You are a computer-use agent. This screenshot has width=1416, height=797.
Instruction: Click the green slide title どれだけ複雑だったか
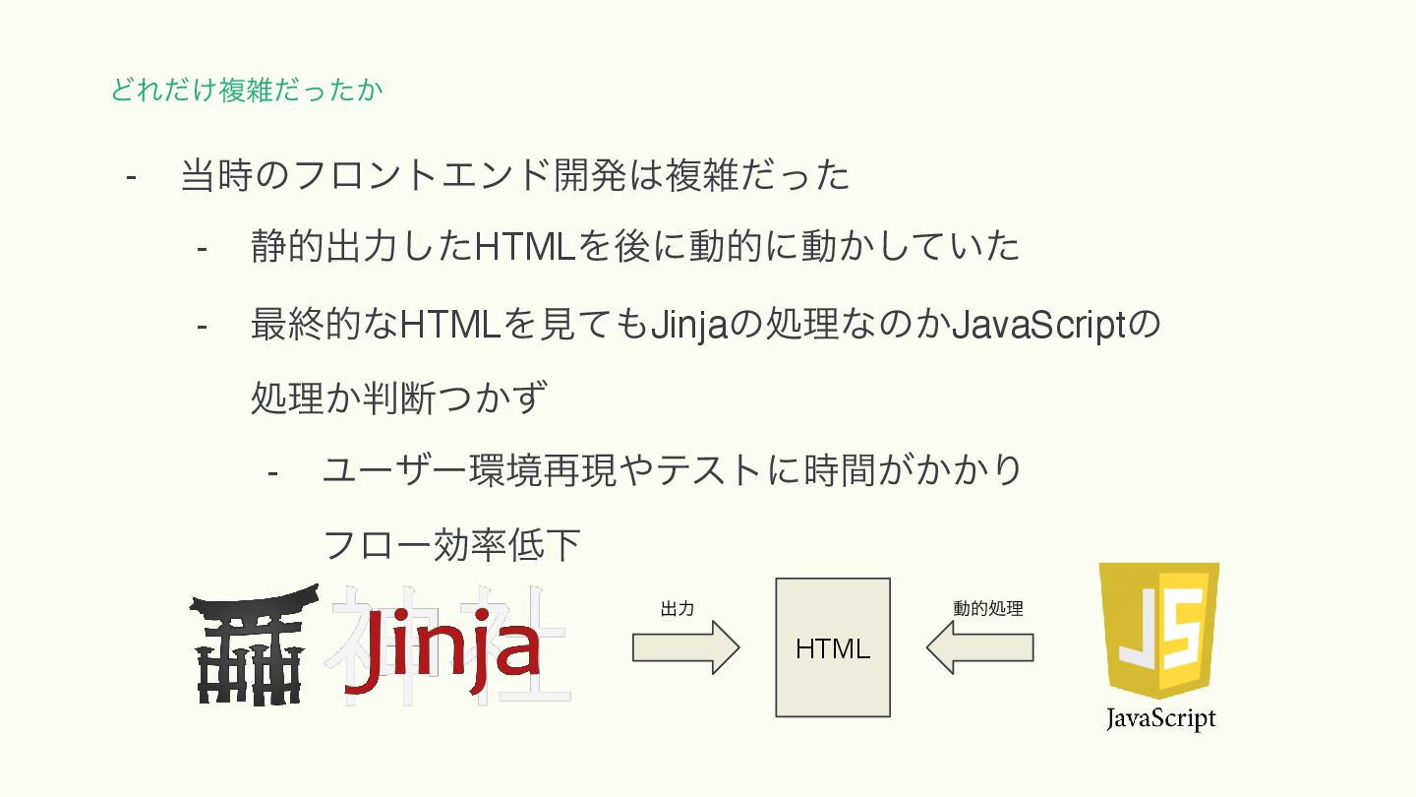pyautogui.click(x=246, y=91)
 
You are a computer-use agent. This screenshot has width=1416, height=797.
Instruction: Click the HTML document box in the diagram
pyautogui.click(x=833, y=647)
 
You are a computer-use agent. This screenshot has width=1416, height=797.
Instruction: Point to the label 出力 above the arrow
pyautogui.click(x=678, y=609)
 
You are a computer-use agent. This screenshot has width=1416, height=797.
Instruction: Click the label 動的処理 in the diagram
pyautogui.click(x=987, y=609)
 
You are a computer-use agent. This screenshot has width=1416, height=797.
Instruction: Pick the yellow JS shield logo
pyautogui.click(x=1158, y=630)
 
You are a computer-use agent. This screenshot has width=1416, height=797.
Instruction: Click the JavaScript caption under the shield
pyautogui.click(x=1160, y=718)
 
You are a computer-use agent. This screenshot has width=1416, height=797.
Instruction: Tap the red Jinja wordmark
pyautogui.click(x=442, y=649)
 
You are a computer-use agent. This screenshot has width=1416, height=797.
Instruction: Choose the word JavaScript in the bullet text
pyautogui.click(x=1039, y=324)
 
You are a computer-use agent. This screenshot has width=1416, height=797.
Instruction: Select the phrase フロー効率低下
pyautogui.click(x=451, y=544)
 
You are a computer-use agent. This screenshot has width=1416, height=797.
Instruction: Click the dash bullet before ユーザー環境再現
pyautogui.click(x=272, y=471)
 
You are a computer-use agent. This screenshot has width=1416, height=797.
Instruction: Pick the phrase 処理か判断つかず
pyautogui.click(x=398, y=398)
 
